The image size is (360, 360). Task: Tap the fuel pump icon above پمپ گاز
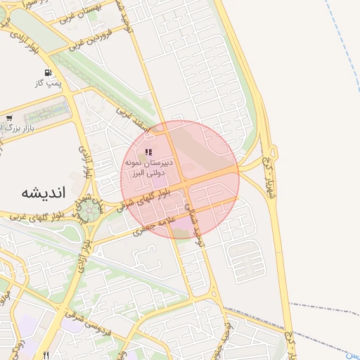tap(48, 72)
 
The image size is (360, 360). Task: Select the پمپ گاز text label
tap(49, 84)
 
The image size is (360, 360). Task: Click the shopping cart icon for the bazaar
tap(9, 118)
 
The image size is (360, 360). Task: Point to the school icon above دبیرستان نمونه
tap(148, 151)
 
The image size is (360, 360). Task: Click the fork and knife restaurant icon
tap(46, 355)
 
